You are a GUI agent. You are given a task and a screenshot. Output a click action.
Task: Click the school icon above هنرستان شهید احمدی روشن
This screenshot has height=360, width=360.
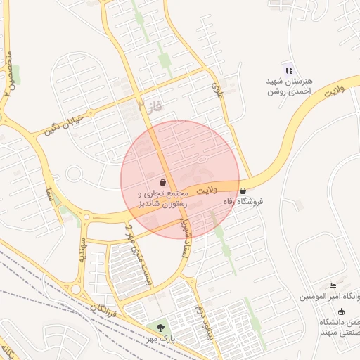pyautogui.click(x=288, y=70)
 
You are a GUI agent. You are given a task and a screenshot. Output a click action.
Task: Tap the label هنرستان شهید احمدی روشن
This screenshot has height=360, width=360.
pyautogui.click(x=289, y=86)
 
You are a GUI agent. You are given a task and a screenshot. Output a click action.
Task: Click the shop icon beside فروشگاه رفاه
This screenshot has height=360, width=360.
pyautogui.click(x=243, y=191)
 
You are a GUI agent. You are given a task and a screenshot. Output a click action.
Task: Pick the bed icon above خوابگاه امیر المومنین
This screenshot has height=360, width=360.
pyautogui.click(x=333, y=286)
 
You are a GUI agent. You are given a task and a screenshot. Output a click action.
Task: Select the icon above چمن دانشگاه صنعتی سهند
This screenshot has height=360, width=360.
pyautogui.click(x=342, y=311)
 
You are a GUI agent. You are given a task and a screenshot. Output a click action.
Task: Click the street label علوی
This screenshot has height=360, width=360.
pyautogui.click(x=216, y=88)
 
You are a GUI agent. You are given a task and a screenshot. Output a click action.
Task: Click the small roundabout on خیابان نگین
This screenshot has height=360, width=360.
pyautogui.click(x=74, y=173)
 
